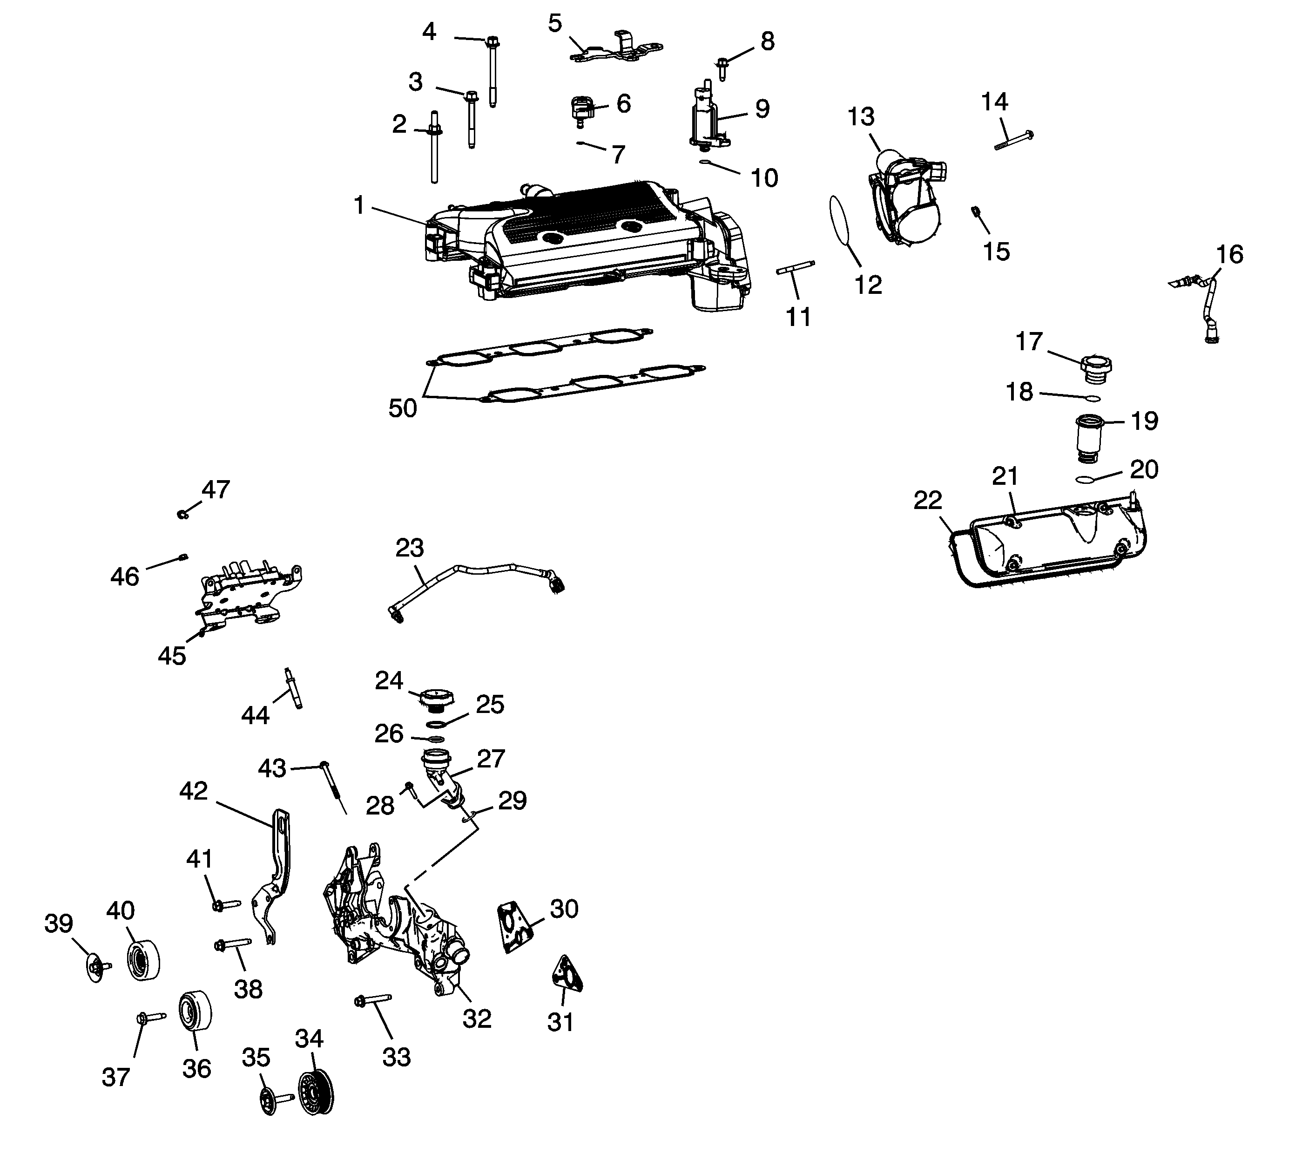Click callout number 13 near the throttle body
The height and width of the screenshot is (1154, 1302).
click(x=861, y=117)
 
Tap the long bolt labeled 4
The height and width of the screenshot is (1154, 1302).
click(x=492, y=70)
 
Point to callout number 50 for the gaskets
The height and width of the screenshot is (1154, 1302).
click(x=403, y=408)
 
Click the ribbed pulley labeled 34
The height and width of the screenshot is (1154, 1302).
click(x=316, y=1095)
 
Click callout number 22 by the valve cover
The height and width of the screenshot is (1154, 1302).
click(x=927, y=500)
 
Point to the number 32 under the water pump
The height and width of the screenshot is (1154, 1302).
click(x=477, y=1019)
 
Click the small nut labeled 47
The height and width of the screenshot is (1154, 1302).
click(x=183, y=514)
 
